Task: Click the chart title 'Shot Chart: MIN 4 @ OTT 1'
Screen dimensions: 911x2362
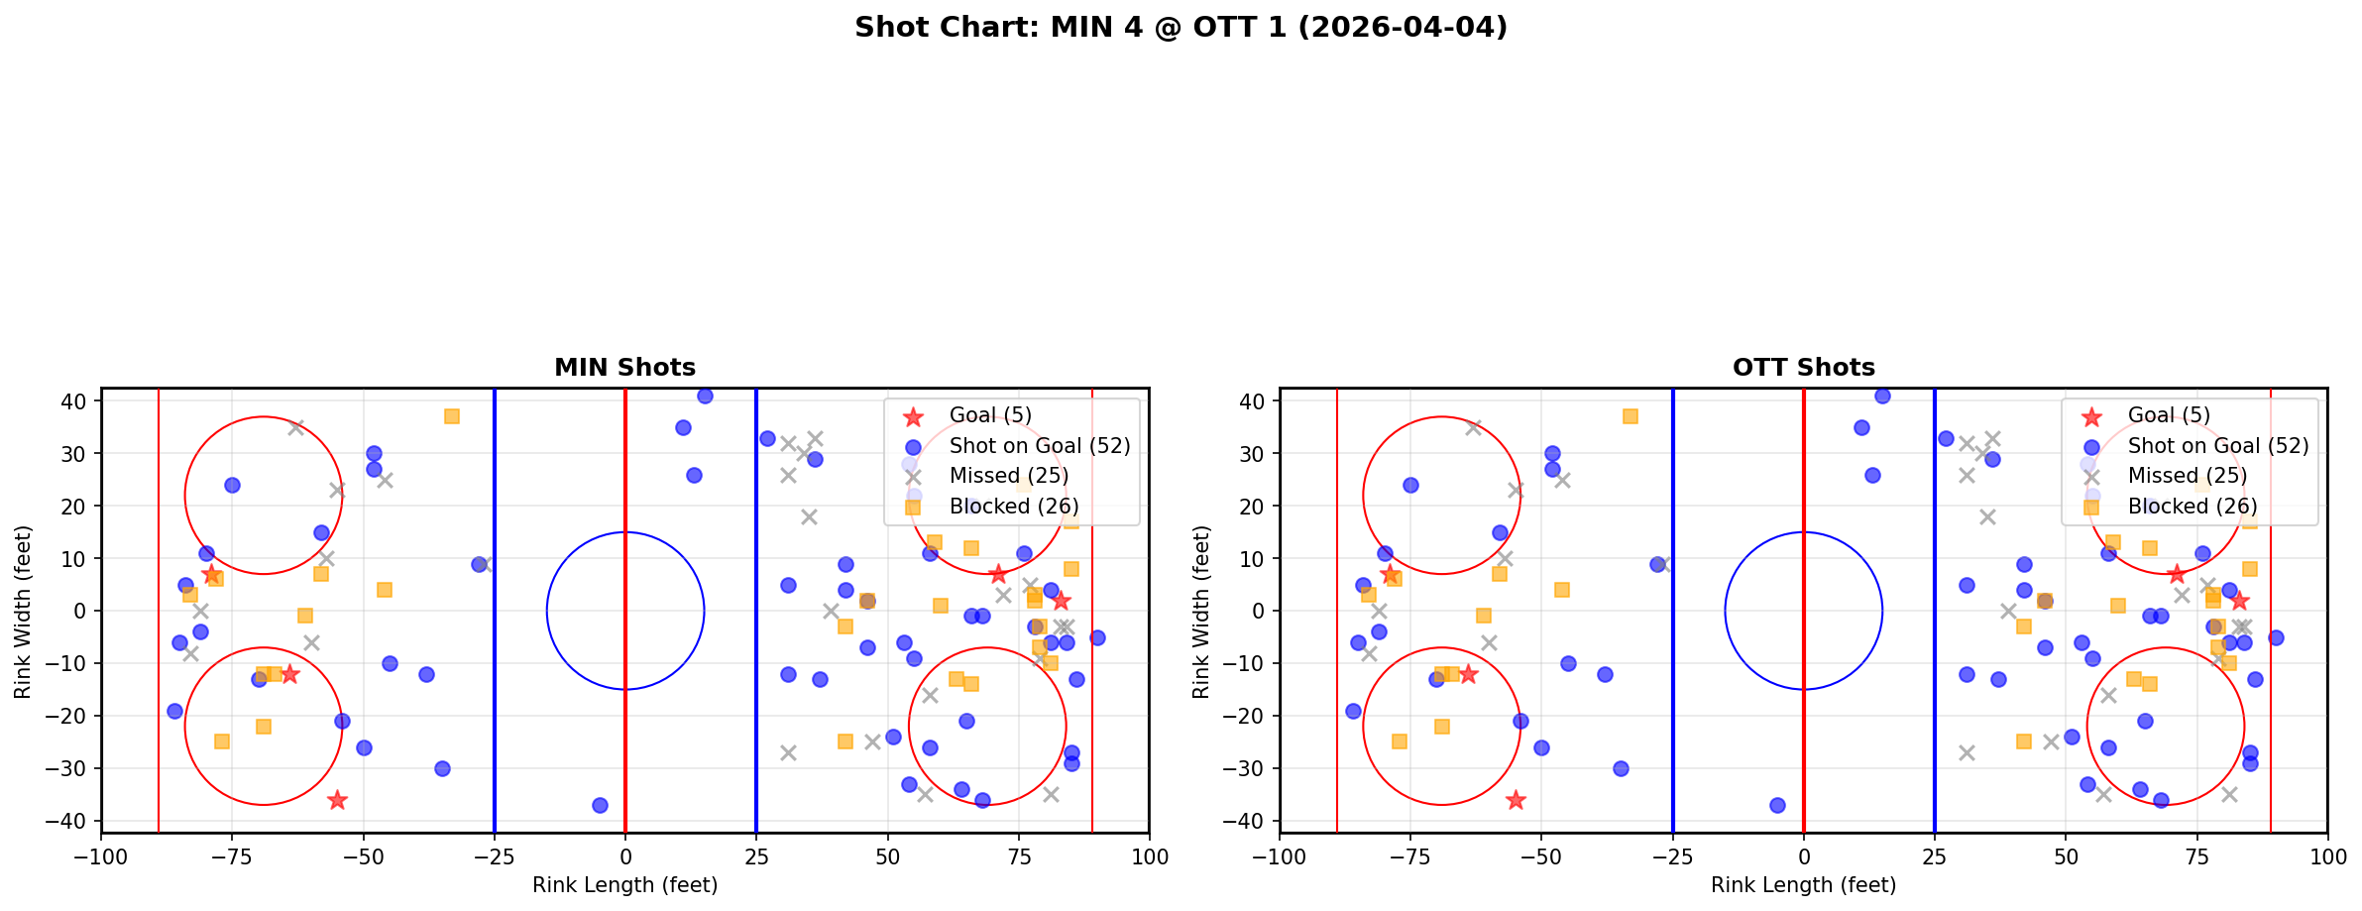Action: (x=1181, y=27)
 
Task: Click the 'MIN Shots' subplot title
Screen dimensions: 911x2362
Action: (x=624, y=368)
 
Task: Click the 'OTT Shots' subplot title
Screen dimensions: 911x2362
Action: (x=1803, y=368)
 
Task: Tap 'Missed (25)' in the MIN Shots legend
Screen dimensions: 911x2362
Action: (x=1008, y=476)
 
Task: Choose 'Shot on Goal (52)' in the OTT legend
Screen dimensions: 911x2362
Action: (x=2217, y=446)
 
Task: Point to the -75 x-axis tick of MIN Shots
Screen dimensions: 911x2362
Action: (x=232, y=856)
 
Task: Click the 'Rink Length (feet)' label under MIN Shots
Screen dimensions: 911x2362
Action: (x=624, y=885)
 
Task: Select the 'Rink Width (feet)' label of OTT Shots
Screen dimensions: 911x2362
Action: (x=1201, y=612)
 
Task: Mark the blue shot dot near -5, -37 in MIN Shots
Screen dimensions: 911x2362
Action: (x=600, y=805)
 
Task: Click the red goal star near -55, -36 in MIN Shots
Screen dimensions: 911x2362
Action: (x=337, y=800)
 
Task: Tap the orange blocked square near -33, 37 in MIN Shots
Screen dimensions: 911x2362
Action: (x=452, y=416)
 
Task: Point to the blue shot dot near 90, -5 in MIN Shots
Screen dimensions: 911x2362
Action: (x=1097, y=637)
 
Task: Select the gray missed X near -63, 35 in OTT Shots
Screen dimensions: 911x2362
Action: (x=1474, y=427)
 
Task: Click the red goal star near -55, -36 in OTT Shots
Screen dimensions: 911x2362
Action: (x=1516, y=800)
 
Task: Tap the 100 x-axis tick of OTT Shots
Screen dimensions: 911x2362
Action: (x=2326, y=856)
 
